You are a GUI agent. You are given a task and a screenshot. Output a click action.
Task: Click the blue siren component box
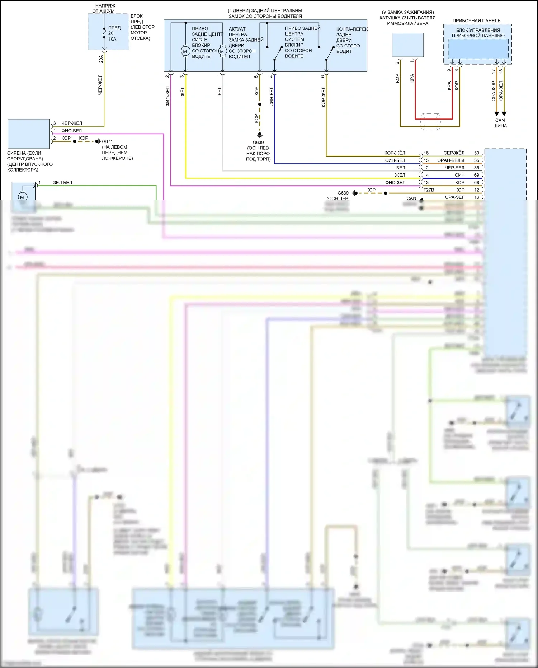click(29, 134)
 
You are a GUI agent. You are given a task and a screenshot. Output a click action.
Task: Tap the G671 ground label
click(107, 141)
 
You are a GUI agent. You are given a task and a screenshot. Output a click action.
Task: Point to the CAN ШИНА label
click(500, 123)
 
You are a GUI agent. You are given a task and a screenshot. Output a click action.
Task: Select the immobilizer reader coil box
click(407, 45)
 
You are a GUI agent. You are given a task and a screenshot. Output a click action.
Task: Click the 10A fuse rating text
click(112, 39)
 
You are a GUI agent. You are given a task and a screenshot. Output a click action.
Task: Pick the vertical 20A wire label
click(101, 59)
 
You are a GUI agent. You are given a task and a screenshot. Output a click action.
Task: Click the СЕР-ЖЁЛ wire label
click(454, 153)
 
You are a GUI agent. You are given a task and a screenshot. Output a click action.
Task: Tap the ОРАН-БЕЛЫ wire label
click(450, 160)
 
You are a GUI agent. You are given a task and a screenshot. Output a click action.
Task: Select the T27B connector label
click(429, 190)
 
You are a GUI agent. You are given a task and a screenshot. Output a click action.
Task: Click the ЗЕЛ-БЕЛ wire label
click(62, 183)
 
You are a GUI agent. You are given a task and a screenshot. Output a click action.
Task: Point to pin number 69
click(476, 175)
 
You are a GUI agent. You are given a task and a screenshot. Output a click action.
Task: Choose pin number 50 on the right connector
click(476, 153)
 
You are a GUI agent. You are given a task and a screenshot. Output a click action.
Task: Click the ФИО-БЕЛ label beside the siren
click(71, 131)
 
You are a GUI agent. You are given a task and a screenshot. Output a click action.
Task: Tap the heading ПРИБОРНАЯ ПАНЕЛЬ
click(476, 21)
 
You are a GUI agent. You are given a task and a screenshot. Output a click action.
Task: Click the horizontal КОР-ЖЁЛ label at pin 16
click(395, 153)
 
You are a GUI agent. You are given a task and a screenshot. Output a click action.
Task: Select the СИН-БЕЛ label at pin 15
click(395, 160)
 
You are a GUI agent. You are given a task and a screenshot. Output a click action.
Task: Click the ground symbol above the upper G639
click(260, 135)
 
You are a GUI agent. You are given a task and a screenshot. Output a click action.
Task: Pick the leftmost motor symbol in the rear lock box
click(185, 52)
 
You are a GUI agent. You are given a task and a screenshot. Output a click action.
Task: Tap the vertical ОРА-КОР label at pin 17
click(494, 90)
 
